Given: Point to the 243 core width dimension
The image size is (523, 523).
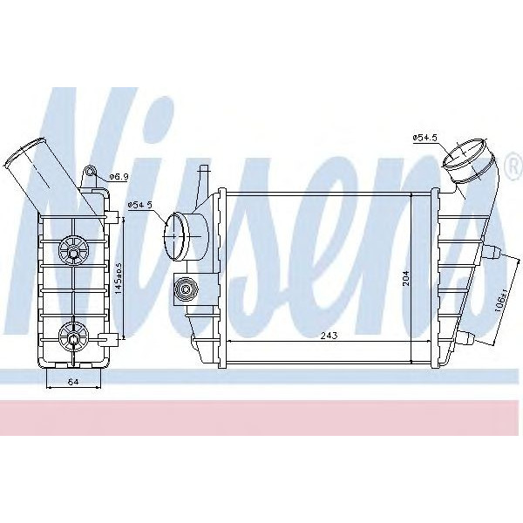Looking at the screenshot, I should point(329,335).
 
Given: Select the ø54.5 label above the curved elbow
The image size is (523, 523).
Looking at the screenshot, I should point(424,137).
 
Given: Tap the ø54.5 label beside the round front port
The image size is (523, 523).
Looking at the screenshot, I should point(139,205).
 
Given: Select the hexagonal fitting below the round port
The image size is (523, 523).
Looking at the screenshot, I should point(185,288).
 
